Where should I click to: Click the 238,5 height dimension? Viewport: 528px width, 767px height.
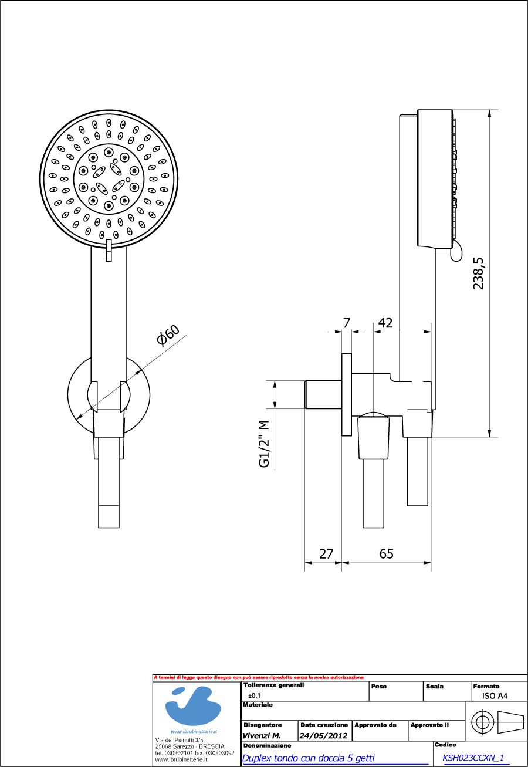click(x=479, y=273)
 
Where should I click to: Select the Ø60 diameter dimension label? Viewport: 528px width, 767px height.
click(x=168, y=336)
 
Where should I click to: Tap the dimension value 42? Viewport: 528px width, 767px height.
click(x=385, y=323)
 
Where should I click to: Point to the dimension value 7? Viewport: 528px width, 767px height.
click(x=346, y=323)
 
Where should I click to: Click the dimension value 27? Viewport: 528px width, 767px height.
click(x=326, y=553)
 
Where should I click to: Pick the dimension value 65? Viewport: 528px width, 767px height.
click(x=386, y=553)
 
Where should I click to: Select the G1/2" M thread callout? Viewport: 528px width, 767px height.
click(x=265, y=444)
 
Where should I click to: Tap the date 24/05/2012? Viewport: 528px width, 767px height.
click(x=324, y=735)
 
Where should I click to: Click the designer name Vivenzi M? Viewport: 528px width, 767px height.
click(x=262, y=735)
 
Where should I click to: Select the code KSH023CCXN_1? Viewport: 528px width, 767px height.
click(x=473, y=758)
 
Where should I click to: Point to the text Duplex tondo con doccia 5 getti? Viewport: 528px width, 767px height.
click(x=308, y=758)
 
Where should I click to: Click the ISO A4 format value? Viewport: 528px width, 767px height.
click(x=490, y=696)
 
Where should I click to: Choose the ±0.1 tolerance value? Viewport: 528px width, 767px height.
click(x=255, y=695)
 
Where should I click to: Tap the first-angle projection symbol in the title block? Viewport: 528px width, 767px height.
click(x=497, y=722)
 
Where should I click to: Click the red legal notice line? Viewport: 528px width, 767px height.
click(x=259, y=677)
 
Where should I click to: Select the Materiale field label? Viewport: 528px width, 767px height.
click(x=258, y=705)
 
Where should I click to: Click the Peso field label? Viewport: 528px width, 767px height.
click(x=379, y=686)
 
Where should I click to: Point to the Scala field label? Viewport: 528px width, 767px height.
click(x=434, y=686)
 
